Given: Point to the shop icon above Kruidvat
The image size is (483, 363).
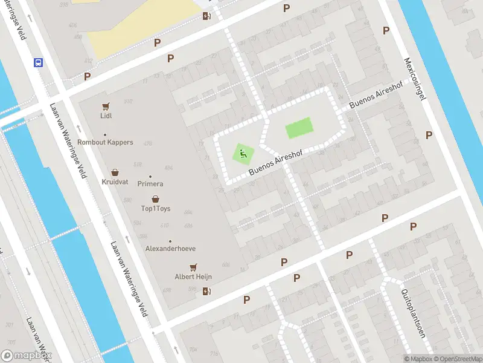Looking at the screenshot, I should coord(115,172).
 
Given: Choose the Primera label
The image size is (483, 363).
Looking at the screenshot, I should coord(150,184).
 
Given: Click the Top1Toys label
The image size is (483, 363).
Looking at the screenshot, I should coord(156,209).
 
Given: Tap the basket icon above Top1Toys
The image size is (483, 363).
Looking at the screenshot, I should coord(156,199).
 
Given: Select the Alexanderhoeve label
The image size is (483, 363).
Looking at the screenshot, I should coord(170,249).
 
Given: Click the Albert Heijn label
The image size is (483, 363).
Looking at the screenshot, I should coord(193,276).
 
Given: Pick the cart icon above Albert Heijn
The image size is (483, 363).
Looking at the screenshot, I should coord(193,266).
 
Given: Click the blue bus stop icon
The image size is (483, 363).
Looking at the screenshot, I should coord(38,62).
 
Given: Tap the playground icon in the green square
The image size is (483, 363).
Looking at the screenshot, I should coord(243,154).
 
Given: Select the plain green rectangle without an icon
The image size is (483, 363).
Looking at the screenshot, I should coord(298,128).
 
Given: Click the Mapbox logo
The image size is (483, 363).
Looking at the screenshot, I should coord(26,356).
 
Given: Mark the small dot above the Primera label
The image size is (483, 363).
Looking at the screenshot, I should coord(150,177).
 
